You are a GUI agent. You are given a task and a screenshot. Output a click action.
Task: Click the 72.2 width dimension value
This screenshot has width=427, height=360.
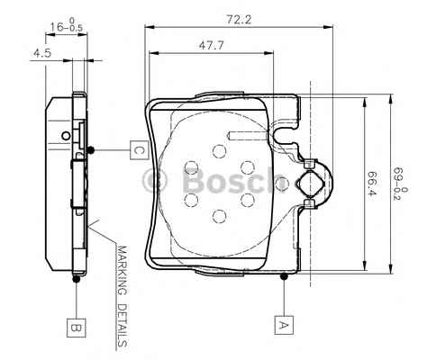(239, 20)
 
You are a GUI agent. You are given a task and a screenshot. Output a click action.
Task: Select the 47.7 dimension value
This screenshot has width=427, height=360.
(212, 46)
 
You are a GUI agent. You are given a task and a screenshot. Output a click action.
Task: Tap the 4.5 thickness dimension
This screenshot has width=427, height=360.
(42, 53)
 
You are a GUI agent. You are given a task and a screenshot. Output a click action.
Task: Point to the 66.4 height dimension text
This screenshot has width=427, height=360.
(372, 183)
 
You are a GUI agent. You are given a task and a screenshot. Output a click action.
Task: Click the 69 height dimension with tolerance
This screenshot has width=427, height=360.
(401, 184)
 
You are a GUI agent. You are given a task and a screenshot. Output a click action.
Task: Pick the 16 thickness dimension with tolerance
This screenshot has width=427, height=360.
(66, 25)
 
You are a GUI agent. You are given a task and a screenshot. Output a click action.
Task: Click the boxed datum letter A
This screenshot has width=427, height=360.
(284, 325)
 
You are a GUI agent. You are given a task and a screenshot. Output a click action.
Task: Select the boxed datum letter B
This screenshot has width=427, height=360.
(77, 328)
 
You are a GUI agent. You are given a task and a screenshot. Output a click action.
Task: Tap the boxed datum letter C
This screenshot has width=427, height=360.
(140, 149)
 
